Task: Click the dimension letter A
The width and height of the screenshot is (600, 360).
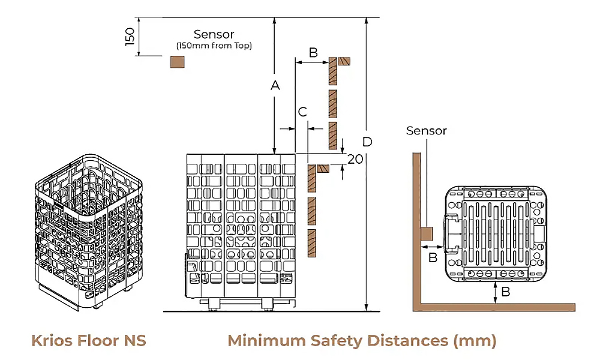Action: coord(275,86)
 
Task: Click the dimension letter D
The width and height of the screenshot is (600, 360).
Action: coord(368,142)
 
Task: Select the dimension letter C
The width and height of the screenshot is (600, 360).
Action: coord(302,112)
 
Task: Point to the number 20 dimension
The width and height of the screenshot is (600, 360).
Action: coord(355,159)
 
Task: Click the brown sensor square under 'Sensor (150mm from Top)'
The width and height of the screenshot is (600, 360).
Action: coord(178,62)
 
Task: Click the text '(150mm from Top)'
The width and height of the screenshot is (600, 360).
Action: coord(214,46)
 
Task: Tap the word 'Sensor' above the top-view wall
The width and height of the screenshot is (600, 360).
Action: coord(427,130)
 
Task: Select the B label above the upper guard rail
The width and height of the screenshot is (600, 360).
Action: coord(313,52)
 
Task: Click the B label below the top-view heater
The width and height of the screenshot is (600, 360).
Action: coord(506,292)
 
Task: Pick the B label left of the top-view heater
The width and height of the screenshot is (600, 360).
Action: coord(432,258)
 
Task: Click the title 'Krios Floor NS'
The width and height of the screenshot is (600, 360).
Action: coord(89,341)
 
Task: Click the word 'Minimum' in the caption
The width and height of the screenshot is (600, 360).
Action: coord(266,341)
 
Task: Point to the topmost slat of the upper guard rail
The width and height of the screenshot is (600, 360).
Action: coord(332,71)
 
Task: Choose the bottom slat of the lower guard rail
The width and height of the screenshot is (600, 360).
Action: coord(311,242)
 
